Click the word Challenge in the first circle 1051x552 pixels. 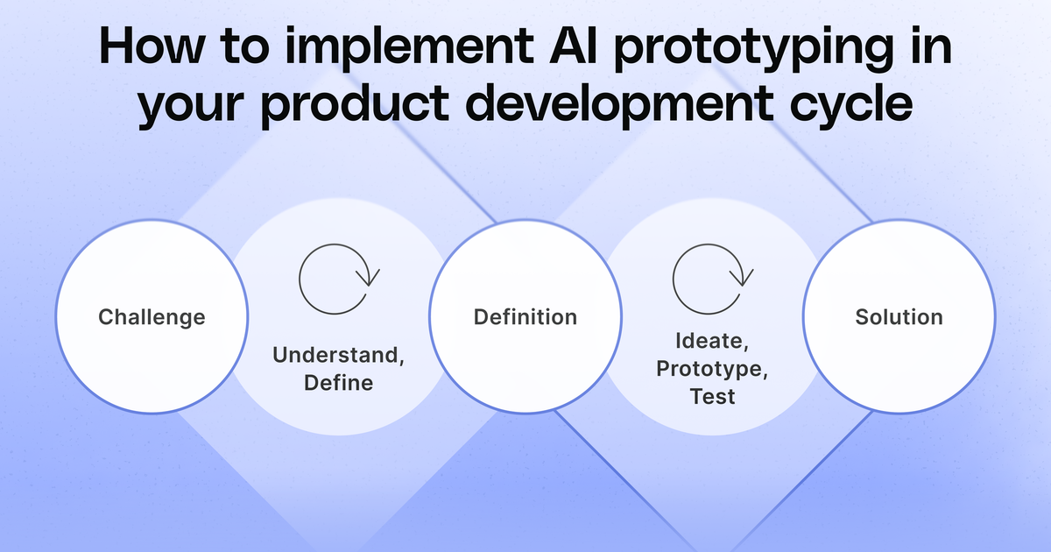click(152, 316)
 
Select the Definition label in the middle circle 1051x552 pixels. click(525, 316)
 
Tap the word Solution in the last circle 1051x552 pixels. click(899, 316)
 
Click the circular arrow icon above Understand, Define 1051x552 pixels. click(337, 280)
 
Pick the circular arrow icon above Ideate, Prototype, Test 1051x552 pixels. click(711, 279)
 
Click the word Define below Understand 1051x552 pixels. click(338, 383)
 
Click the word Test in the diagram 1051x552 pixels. click(712, 396)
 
